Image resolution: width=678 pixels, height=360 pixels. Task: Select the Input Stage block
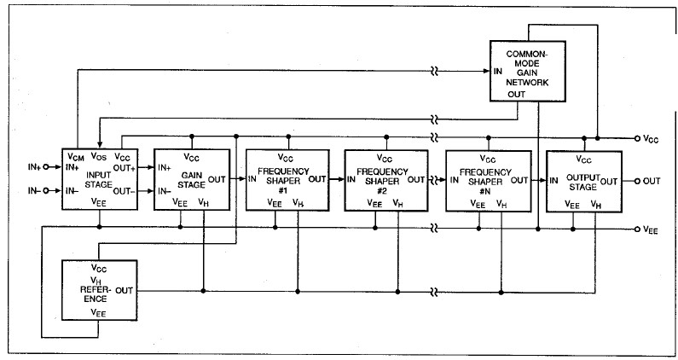click(100, 180)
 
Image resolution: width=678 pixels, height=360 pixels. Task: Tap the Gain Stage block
click(191, 180)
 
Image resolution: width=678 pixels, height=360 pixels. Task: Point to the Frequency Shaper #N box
click(484, 180)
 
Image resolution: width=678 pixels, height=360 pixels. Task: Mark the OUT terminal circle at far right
click(637, 180)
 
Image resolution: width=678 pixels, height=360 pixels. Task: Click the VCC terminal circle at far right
click(637, 138)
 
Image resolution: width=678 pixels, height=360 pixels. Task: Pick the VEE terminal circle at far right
click(637, 230)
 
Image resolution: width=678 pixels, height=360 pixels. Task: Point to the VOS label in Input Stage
click(100, 157)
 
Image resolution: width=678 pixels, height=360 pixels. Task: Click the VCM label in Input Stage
click(76, 157)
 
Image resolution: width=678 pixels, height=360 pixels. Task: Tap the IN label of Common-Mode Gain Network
click(499, 71)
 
